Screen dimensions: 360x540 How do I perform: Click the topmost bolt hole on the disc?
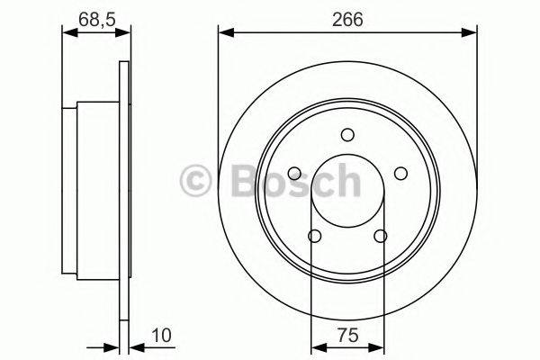[x=347, y=135]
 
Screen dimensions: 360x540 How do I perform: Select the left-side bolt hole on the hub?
[x=294, y=174]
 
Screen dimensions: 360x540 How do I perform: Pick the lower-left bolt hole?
[x=314, y=236]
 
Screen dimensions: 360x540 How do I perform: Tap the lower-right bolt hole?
[x=380, y=236]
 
